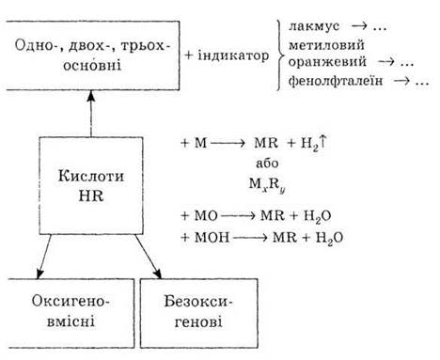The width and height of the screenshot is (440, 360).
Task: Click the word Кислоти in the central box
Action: point(91,176)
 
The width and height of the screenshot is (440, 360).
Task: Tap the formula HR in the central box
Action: point(91,196)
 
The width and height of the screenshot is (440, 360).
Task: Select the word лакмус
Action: point(314,26)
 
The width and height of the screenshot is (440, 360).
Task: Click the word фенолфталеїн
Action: point(336,81)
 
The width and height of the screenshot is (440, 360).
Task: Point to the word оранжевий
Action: point(327,61)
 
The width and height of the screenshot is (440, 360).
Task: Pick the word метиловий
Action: point(326,45)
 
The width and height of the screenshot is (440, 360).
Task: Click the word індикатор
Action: point(233,55)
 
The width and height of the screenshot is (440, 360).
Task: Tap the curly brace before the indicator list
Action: point(280,55)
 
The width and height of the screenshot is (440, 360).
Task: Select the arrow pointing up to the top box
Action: point(91,114)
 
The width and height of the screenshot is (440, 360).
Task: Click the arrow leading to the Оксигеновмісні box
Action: point(44,257)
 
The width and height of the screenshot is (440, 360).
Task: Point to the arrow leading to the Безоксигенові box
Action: point(149,257)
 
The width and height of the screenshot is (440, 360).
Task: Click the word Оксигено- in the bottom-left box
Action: point(71,301)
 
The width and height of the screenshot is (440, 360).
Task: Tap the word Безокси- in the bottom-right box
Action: point(198,301)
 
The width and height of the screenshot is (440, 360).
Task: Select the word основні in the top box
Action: point(92,66)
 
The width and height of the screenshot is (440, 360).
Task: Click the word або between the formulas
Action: point(267,164)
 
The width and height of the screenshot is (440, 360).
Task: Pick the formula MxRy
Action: point(267,185)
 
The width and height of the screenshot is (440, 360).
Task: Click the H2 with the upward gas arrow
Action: point(314,144)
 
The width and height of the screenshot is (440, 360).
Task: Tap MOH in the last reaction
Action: point(212,237)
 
